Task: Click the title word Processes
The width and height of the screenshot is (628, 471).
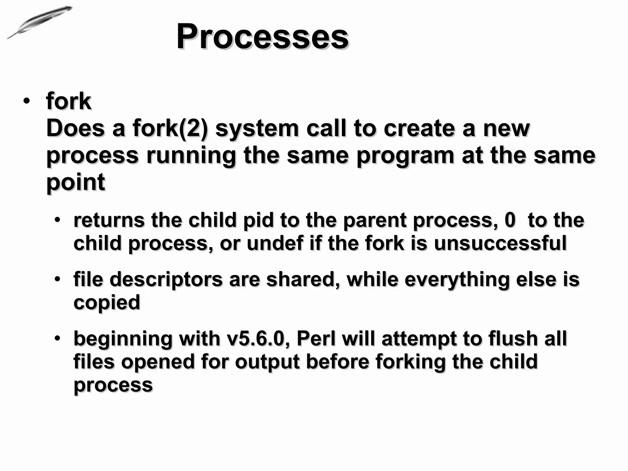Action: tap(262, 37)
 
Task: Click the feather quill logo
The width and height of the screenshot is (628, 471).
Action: tap(40, 22)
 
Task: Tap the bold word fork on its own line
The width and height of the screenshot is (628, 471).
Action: tap(68, 101)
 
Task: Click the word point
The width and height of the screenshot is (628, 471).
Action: tap(75, 182)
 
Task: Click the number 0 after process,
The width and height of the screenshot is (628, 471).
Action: tap(510, 220)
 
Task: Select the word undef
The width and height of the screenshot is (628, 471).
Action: tap(275, 243)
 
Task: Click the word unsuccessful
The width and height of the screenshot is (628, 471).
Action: tap(500, 243)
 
